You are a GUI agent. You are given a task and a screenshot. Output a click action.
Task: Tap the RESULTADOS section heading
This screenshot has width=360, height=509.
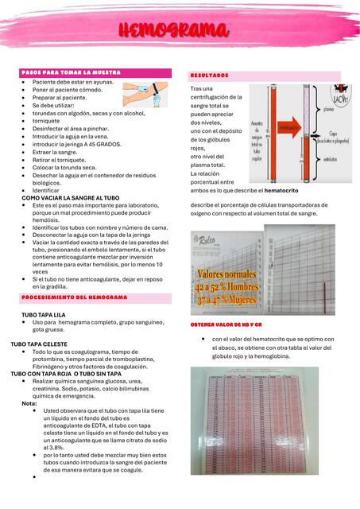(210, 75)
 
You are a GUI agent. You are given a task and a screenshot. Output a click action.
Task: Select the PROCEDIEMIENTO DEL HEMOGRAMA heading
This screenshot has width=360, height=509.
(75, 297)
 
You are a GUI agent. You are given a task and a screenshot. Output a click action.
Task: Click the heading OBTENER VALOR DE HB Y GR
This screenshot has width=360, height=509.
(226, 325)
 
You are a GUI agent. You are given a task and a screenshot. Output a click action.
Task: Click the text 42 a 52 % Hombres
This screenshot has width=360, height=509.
(227, 287)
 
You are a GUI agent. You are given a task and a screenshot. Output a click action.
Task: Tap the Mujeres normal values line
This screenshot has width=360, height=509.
(227, 299)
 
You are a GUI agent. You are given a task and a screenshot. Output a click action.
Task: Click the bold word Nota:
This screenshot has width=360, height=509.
(29, 403)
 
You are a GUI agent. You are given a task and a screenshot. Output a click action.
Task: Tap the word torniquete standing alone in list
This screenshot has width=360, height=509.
(49, 122)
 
